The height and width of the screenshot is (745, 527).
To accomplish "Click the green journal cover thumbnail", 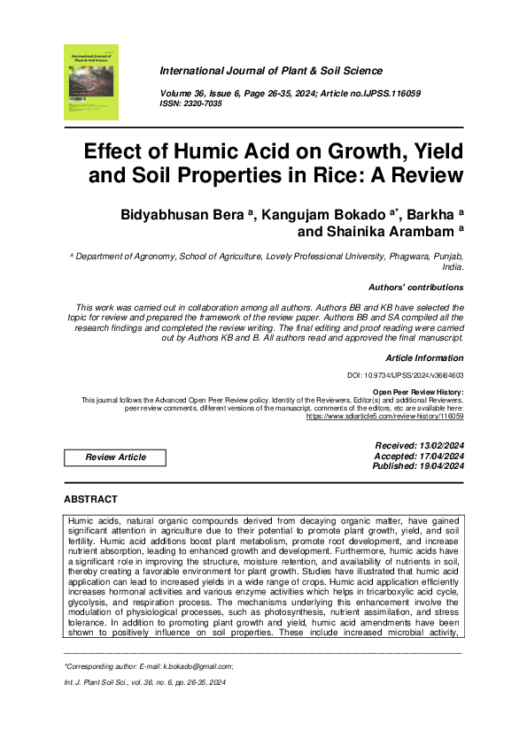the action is click(90, 82).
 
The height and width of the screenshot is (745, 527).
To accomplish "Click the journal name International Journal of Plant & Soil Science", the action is click(270, 71).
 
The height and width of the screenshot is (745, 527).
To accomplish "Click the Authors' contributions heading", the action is click(415, 287).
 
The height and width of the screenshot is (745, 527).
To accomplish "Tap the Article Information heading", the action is click(424, 357).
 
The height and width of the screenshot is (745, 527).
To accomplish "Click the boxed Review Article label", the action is click(115, 457).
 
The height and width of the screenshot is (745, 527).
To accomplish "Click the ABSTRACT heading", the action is click(91, 499).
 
